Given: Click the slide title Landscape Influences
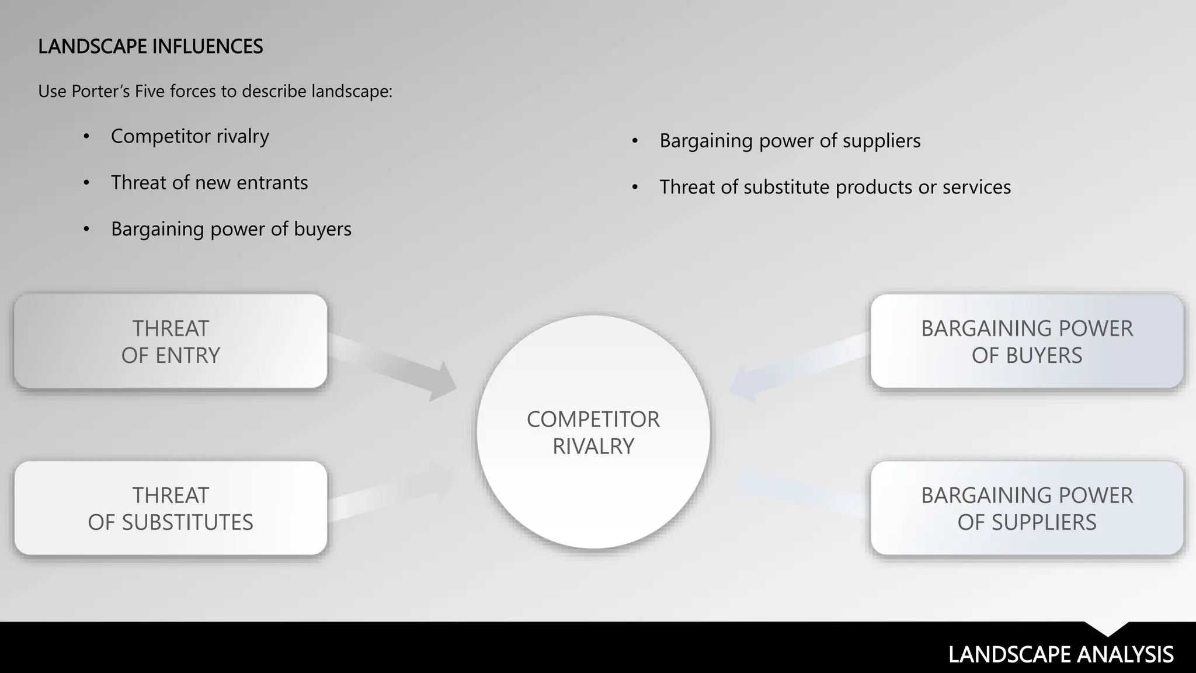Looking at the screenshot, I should (x=150, y=47).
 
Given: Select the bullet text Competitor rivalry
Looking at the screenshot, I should (x=190, y=136).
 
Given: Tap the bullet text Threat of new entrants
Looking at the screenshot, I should (x=209, y=183).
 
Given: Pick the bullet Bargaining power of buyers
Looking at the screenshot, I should (x=231, y=229).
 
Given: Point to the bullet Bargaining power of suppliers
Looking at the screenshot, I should (x=790, y=141).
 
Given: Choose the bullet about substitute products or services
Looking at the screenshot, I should (x=835, y=188).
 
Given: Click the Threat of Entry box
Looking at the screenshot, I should (x=171, y=341).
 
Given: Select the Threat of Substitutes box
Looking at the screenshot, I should (x=171, y=508).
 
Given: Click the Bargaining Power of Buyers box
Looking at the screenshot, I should (x=1027, y=341).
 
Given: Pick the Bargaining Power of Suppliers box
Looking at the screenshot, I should (x=1027, y=508).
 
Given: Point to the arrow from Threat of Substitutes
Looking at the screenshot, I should (x=391, y=494).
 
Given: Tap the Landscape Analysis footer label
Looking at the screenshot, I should (x=1061, y=654).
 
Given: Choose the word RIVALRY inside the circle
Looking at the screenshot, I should (x=593, y=446).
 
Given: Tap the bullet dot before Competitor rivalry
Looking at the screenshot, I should (x=86, y=137).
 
